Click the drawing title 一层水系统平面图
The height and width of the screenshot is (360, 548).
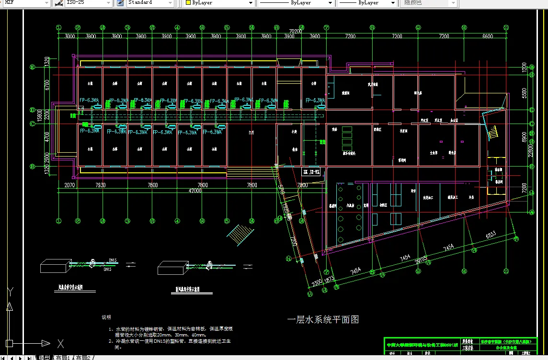(323, 319)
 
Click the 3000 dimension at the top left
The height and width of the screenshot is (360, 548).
(70, 36)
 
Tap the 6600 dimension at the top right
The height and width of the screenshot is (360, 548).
(488, 36)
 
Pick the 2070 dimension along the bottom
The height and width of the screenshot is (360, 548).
(69, 185)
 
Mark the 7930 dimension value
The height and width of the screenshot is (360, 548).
(101, 185)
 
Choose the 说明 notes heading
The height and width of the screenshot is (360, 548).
(106, 317)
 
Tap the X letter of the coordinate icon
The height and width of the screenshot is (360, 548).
(60, 343)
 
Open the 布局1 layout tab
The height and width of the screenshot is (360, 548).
(63, 357)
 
